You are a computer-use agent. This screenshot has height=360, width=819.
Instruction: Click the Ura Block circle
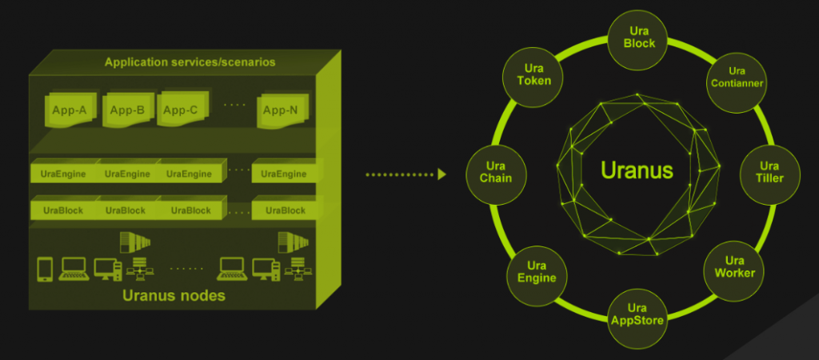click(x=638, y=40)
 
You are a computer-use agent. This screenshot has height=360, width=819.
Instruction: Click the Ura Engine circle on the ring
click(x=537, y=275)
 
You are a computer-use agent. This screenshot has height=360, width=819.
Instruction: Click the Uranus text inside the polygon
click(x=637, y=170)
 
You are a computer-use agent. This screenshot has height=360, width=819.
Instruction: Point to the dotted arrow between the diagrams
click(x=406, y=174)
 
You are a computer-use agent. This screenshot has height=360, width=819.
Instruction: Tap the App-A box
click(x=70, y=110)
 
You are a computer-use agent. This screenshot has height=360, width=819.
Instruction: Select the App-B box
click(x=127, y=110)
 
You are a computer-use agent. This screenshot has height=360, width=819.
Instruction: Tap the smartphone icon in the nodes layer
click(x=45, y=270)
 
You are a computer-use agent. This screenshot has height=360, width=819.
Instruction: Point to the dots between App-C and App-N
click(x=234, y=105)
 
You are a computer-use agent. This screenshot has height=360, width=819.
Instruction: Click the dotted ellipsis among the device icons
click(x=186, y=269)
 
